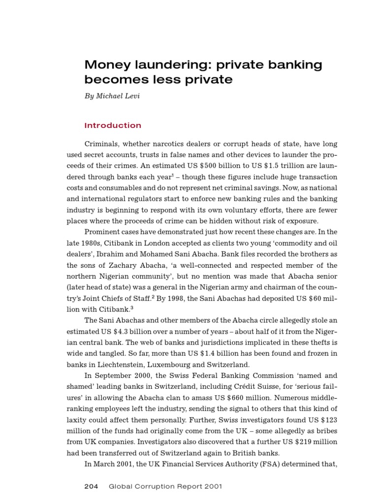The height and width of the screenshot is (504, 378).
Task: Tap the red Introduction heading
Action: coord(113,126)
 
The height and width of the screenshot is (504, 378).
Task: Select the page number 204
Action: coord(92,486)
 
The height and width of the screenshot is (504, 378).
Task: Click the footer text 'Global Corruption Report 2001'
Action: coord(165,486)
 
